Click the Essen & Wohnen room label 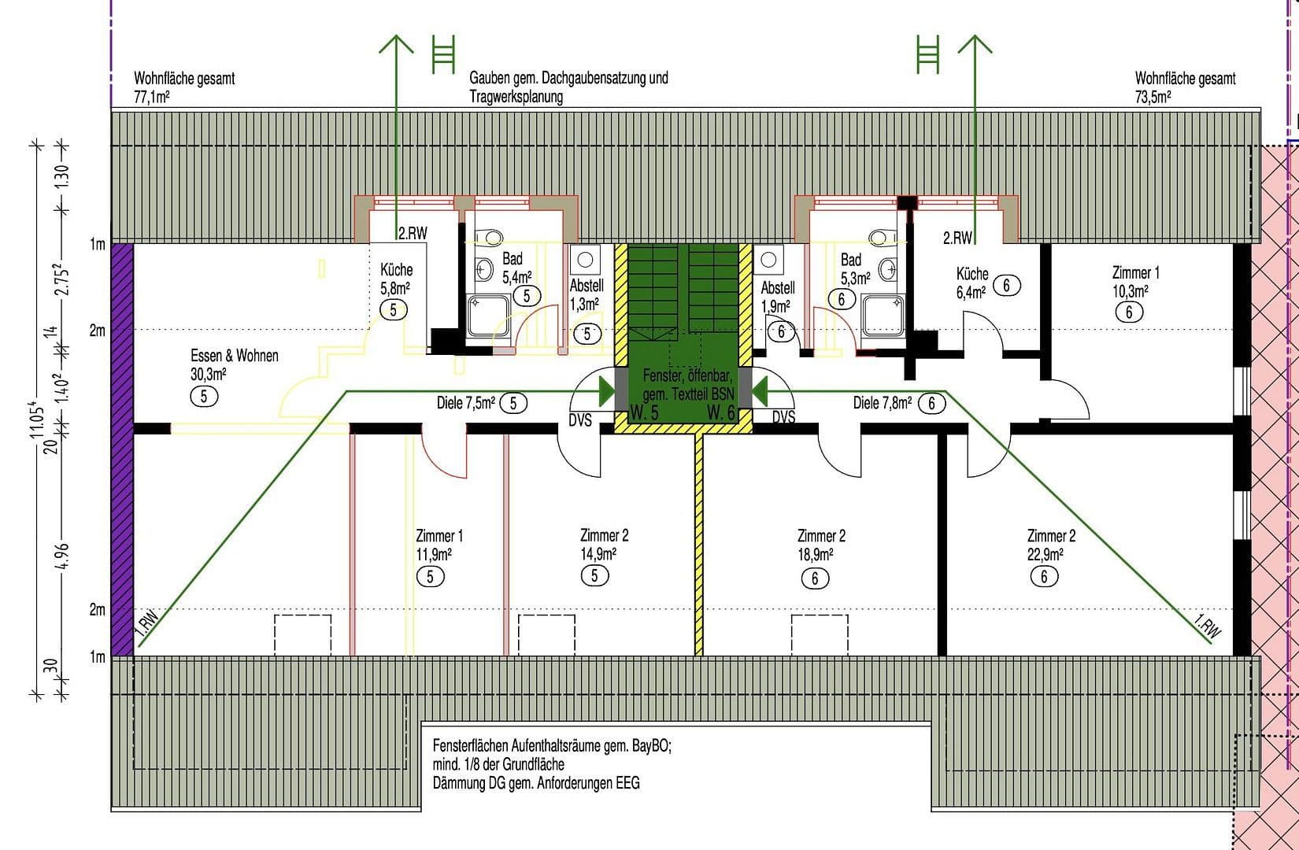pyautogui.click(x=234, y=356)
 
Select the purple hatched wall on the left pyautogui.click(x=121, y=449)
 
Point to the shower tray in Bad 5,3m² pyautogui.click(x=883, y=314)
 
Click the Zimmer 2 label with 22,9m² pyautogui.click(x=1051, y=536)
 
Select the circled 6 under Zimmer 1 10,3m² pyautogui.click(x=1129, y=312)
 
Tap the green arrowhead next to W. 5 pyautogui.click(x=606, y=390)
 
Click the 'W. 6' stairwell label pyautogui.click(x=720, y=412)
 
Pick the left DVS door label pyautogui.click(x=580, y=420)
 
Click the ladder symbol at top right pyautogui.click(x=928, y=54)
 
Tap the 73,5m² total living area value pyautogui.click(x=1153, y=97)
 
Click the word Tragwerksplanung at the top pyautogui.click(x=516, y=97)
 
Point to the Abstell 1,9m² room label pyautogui.click(x=778, y=288)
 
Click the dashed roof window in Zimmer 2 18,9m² pyautogui.click(x=820, y=634)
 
